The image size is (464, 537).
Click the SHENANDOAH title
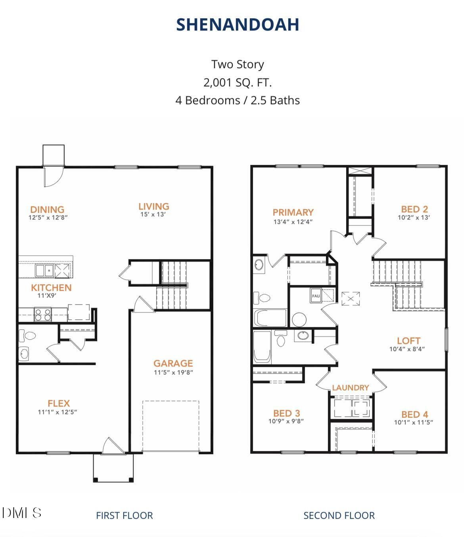238,25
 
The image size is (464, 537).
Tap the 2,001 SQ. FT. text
237,82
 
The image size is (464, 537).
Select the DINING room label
47,209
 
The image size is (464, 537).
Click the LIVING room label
154,206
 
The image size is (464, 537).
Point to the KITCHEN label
51,287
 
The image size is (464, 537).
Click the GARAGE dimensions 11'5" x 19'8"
173,372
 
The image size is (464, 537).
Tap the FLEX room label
59,403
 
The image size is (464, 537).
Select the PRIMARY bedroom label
293,212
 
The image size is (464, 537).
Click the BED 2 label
414,209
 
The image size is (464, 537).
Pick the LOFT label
408,340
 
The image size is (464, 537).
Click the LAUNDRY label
351,388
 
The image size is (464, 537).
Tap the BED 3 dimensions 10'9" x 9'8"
286,421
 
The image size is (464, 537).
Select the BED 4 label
414,414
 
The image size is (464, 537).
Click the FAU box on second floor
316,296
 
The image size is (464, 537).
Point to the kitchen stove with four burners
43,314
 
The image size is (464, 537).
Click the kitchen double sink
44,271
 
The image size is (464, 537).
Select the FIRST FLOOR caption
124,515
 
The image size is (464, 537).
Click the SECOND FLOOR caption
339,515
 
